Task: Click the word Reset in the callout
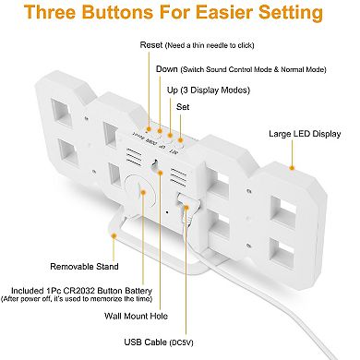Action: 150,45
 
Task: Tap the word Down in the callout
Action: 167,69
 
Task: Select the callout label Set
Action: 183,107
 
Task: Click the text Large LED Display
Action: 305,134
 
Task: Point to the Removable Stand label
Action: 84,267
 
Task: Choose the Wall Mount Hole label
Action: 136,316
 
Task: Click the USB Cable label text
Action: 146,342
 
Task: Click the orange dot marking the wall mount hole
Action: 160,173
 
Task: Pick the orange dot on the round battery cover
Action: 143,192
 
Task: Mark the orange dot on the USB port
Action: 186,207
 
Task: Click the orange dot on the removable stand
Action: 114,236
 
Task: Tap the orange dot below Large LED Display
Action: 292,168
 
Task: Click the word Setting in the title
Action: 291,13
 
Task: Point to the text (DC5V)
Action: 181,342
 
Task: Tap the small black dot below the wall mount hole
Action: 167,212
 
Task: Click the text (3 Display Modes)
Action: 215,90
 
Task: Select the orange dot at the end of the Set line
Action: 181,140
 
